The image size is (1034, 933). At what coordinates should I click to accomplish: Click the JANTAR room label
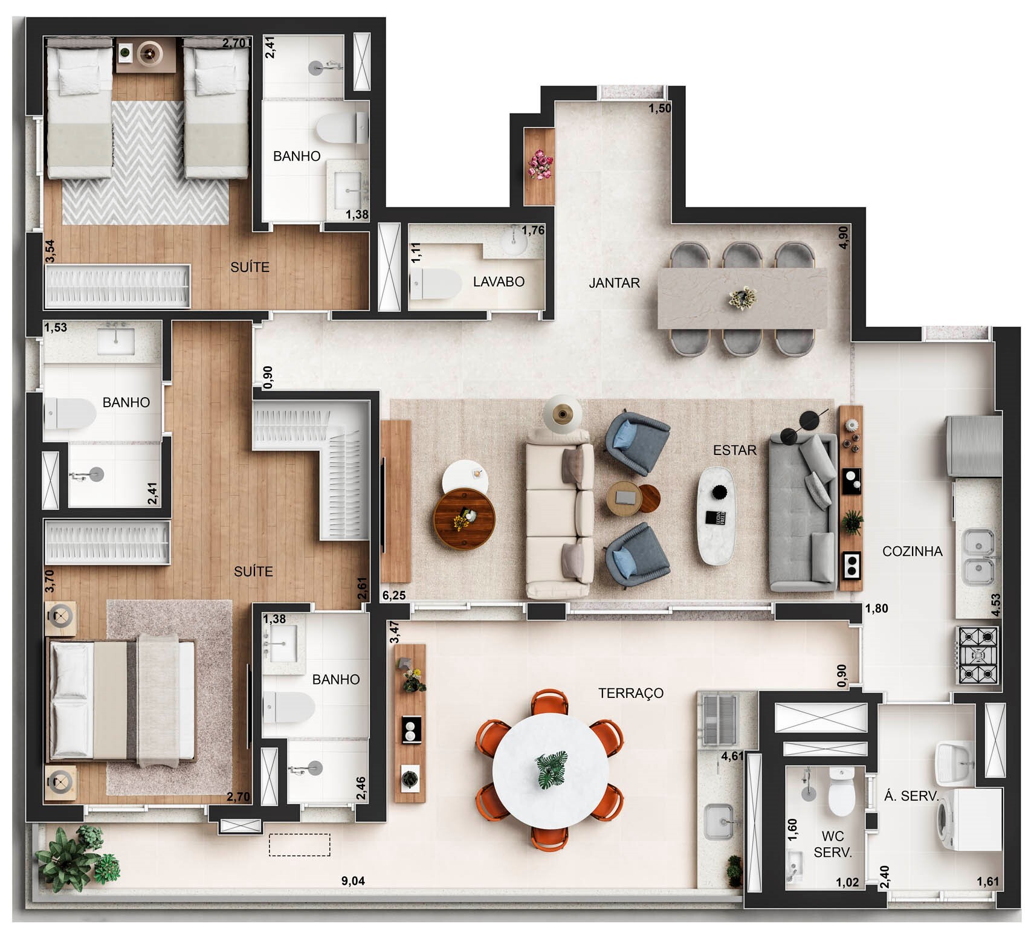click(614, 283)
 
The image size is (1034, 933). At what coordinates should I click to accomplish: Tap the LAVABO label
click(499, 282)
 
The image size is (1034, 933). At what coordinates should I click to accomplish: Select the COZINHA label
click(913, 551)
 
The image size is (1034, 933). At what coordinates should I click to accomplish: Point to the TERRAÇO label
click(631, 693)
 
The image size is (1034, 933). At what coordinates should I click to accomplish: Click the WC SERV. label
click(833, 844)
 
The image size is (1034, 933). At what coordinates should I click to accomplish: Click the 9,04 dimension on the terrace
click(353, 880)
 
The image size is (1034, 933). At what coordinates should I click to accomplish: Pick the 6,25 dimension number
click(394, 595)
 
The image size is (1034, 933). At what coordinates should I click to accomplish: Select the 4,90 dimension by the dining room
click(844, 237)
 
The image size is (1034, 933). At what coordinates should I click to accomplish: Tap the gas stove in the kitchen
click(977, 656)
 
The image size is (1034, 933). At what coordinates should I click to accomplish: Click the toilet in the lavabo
click(436, 284)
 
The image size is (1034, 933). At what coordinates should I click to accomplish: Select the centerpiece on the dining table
click(742, 298)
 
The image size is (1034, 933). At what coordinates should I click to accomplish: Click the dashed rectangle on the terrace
click(300, 845)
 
